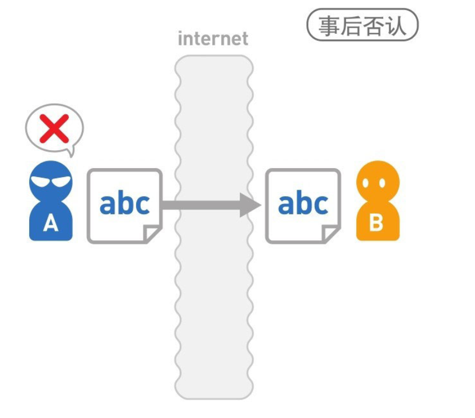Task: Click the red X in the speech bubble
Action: pos(54,128)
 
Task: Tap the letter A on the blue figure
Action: pos(51,224)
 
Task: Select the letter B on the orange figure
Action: pos(376,222)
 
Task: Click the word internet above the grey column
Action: pos(213,39)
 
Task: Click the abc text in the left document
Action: pos(124,203)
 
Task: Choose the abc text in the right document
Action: pos(302,203)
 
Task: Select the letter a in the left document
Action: pos(108,205)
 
